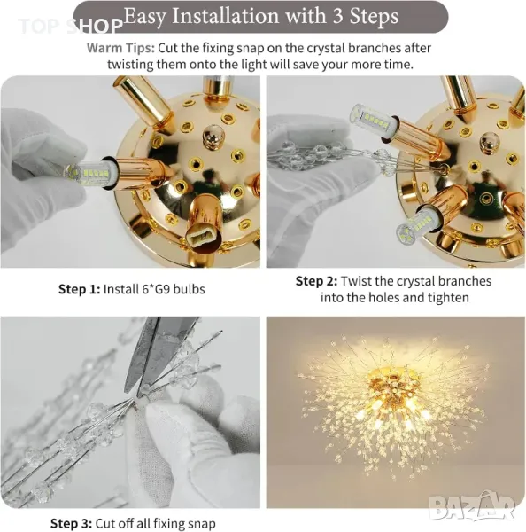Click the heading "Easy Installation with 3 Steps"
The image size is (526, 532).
[261, 16]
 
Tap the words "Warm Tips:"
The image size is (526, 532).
[120, 48]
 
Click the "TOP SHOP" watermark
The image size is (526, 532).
[70, 26]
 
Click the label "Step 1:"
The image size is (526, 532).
[79, 289]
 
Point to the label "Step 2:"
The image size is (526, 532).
[316, 281]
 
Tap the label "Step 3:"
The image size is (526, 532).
[71, 523]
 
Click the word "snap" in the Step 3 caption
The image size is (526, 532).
[201, 523]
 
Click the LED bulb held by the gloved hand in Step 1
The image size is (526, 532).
[89, 172]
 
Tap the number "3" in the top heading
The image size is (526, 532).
[337, 16]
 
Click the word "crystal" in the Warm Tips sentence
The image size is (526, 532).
[326, 48]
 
